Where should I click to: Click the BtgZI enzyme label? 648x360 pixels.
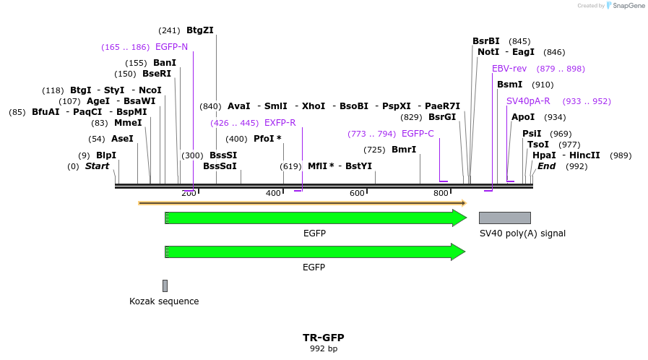click(x=200, y=30)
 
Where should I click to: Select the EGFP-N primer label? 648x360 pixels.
click(x=171, y=47)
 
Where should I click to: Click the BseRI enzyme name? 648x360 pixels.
click(x=157, y=74)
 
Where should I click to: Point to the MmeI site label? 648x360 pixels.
click(x=128, y=123)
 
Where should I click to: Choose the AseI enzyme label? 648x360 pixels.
click(x=122, y=139)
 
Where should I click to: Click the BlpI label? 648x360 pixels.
click(x=106, y=155)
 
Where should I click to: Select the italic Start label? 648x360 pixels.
click(x=97, y=166)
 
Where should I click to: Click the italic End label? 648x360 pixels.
click(x=547, y=166)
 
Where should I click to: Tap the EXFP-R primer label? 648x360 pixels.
click(x=280, y=123)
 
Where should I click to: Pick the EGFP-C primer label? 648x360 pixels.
click(x=418, y=134)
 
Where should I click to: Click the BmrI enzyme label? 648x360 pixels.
click(x=404, y=150)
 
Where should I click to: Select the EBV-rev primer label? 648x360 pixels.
click(x=509, y=69)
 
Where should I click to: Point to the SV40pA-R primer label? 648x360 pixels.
click(x=528, y=101)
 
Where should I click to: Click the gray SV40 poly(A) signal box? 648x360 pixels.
click(x=504, y=218)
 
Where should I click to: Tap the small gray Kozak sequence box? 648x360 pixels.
click(x=165, y=286)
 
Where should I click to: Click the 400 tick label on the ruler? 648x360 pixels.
click(x=273, y=193)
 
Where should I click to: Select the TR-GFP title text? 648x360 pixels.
click(x=323, y=338)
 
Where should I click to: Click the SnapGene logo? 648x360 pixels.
click(x=626, y=6)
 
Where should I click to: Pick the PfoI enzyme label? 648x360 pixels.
click(x=267, y=139)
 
